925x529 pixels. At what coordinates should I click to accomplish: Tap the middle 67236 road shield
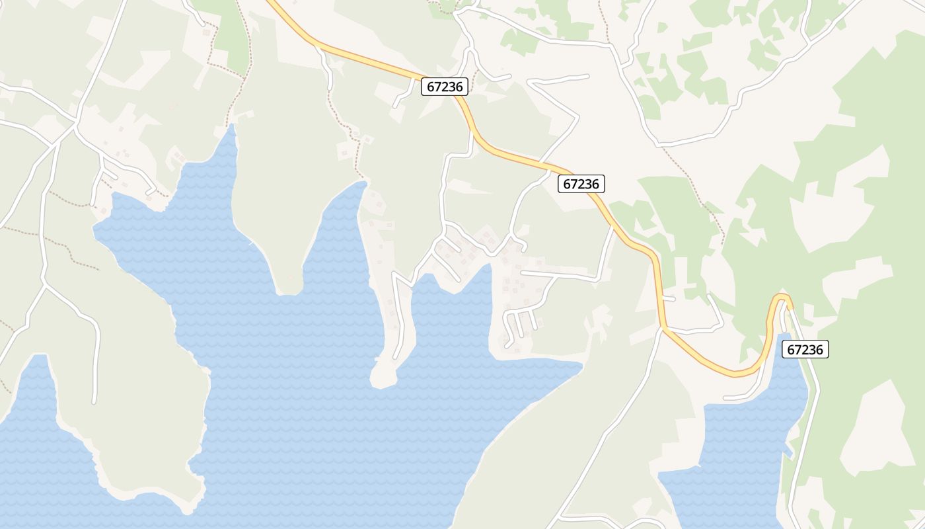coord(581,184)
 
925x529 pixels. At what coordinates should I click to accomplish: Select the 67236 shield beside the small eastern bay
coord(805,349)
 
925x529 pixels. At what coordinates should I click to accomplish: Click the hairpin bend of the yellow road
coord(782,297)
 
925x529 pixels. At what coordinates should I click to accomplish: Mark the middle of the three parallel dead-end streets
coord(520,323)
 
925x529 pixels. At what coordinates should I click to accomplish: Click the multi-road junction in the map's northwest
coord(77,123)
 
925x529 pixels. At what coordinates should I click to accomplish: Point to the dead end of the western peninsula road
coord(94,401)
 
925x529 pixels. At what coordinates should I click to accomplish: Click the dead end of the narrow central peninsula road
coord(396,357)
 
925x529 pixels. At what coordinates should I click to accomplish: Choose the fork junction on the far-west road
coord(44,284)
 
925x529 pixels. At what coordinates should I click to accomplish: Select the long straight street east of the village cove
coord(558,274)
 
